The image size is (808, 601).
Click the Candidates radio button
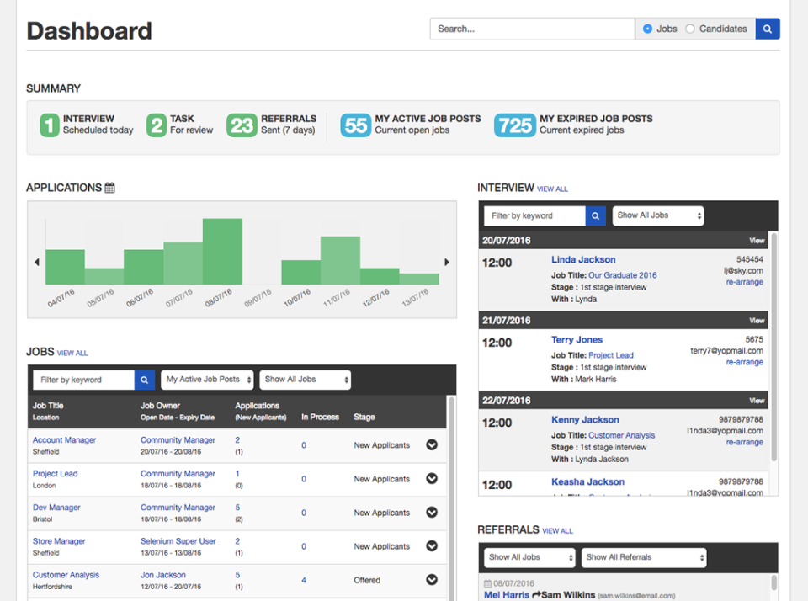tap(690, 29)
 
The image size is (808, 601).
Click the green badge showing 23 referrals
tap(242, 125)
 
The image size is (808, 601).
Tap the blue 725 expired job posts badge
tap(515, 125)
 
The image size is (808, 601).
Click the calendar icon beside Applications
tap(110, 188)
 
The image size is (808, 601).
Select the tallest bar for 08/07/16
tap(222, 252)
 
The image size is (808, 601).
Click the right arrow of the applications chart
tap(447, 263)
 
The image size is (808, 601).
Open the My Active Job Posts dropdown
tap(207, 380)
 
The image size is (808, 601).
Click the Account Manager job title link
tap(64, 440)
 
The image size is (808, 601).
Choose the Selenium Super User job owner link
tap(178, 541)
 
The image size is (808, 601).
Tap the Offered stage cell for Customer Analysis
tap(367, 580)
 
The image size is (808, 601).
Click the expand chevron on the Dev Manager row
tap(432, 512)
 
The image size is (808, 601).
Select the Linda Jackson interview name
tap(583, 260)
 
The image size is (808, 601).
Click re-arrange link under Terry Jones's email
tap(744, 362)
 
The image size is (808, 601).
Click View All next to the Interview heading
tap(552, 189)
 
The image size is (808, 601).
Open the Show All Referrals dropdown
tap(643, 557)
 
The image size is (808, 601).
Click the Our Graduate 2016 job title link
tap(622, 275)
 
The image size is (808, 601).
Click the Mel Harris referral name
tap(507, 595)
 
